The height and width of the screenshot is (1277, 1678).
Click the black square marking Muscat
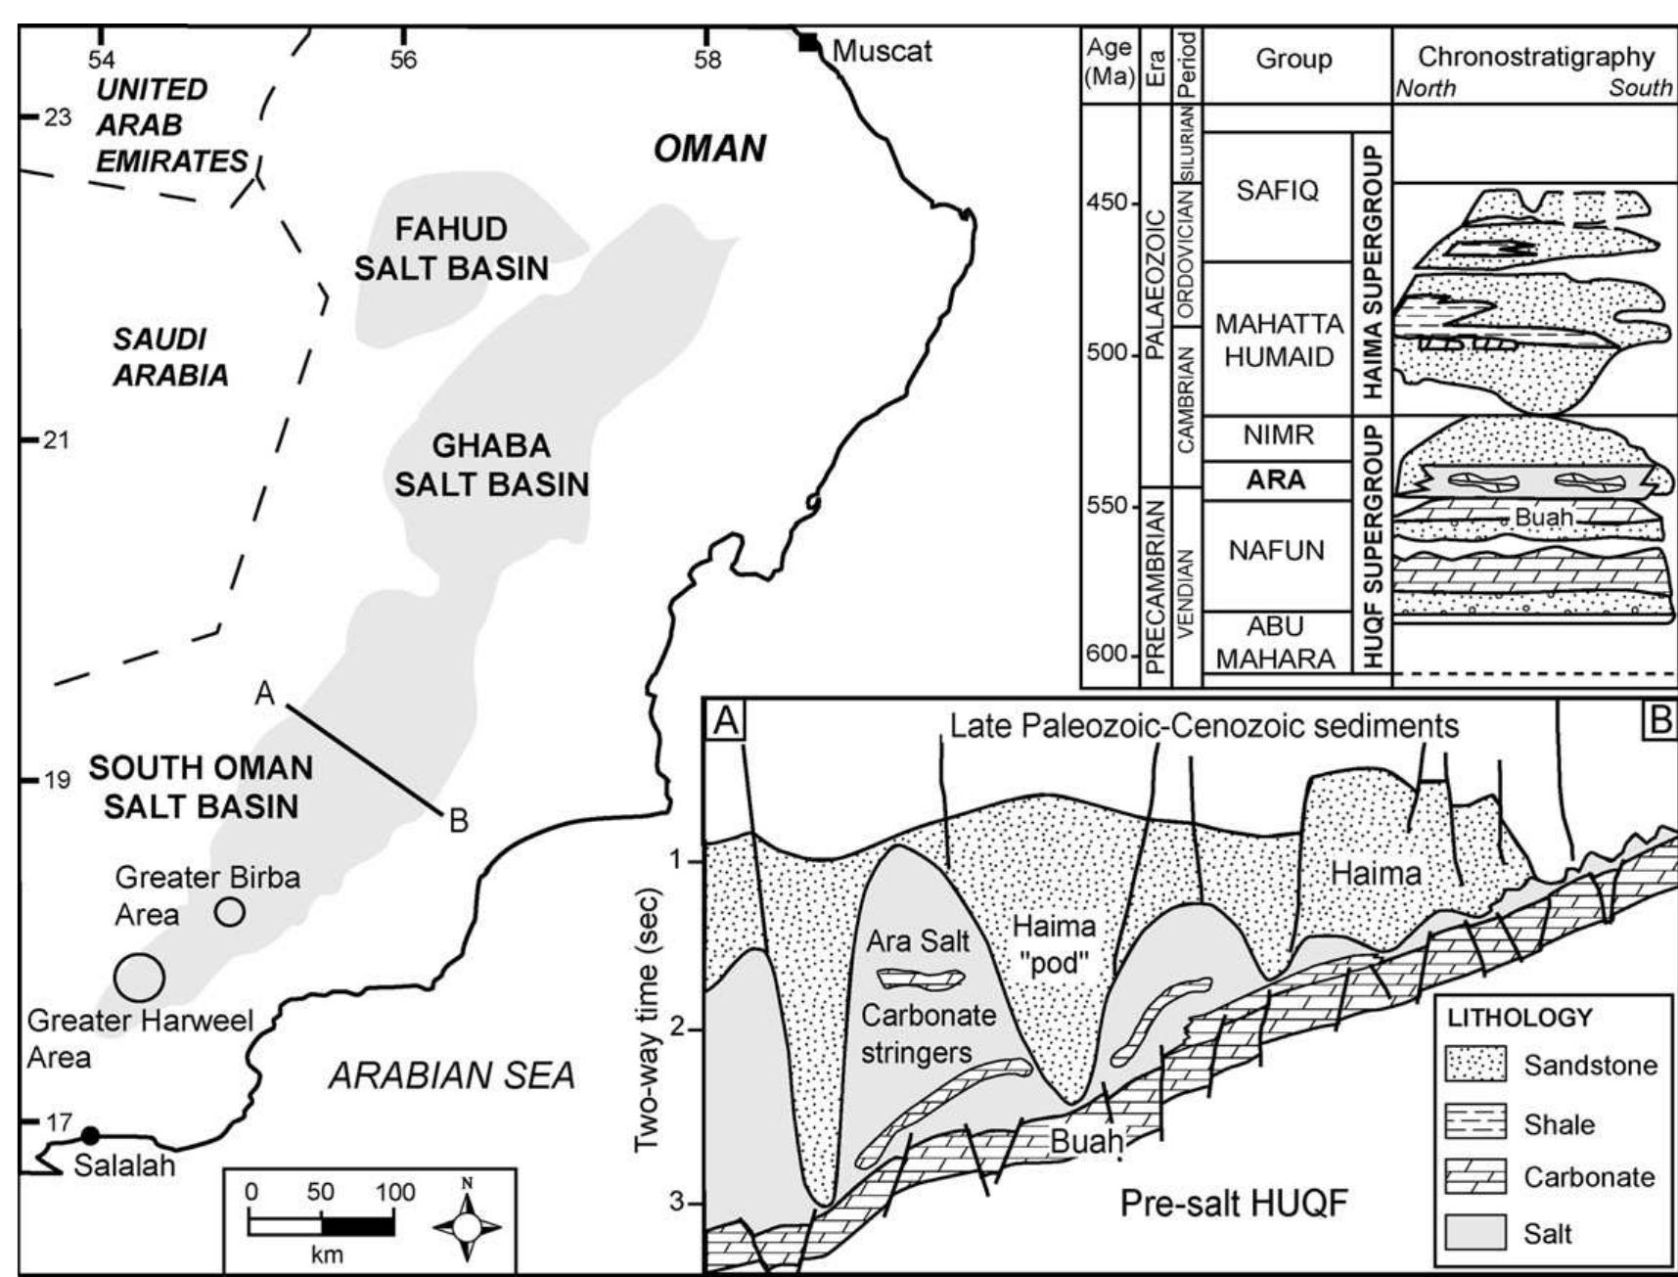(808, 42)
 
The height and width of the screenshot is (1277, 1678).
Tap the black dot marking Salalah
(90, 1135)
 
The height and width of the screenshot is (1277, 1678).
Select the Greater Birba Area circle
(230, 912)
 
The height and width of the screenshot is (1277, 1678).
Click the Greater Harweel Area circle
(139, 976)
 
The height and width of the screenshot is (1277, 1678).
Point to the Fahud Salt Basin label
(451, 249)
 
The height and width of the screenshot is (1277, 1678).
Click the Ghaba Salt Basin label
(491, 465)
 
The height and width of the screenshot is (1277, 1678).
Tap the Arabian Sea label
(451, 1075)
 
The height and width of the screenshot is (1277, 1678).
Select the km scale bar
(322, 1224)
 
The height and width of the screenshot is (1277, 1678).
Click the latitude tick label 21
(56, 439)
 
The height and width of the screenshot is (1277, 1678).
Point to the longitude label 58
(707, 61)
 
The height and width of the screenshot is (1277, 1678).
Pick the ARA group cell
(1276, 479)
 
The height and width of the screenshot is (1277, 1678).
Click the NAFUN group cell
(1276, 551)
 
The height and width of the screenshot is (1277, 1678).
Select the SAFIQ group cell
(1276, 190)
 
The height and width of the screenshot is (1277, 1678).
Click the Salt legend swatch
(1476, 1232)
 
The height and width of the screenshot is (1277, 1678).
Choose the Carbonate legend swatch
(1476, 1177)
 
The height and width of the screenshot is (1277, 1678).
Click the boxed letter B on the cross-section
(1659, 720)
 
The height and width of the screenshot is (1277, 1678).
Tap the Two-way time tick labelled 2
(682, 1029)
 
